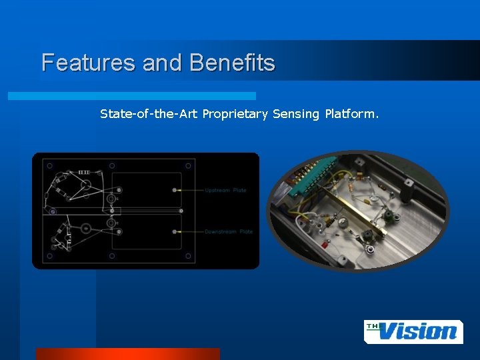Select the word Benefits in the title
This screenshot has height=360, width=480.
[x=232, y=63]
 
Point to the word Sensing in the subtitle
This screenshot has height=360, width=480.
[x=297, y=114]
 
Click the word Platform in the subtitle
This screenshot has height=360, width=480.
[x=351, y=114]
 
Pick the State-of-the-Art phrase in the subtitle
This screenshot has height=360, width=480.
[x=149, y=114]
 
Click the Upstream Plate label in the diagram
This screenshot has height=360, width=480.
[x=225, y=191]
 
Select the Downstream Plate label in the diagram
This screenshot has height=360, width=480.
[x=228, y=232]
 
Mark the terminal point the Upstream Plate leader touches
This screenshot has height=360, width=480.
[x=175, y=190]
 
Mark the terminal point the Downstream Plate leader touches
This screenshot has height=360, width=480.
[x=175, y=231]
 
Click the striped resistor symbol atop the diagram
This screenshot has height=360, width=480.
[x=84, y=172]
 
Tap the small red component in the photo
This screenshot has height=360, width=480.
[x=325, y=245]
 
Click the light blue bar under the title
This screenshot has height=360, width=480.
[x=132, y=96]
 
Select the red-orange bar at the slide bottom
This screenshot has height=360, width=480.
[x=127, y=354]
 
